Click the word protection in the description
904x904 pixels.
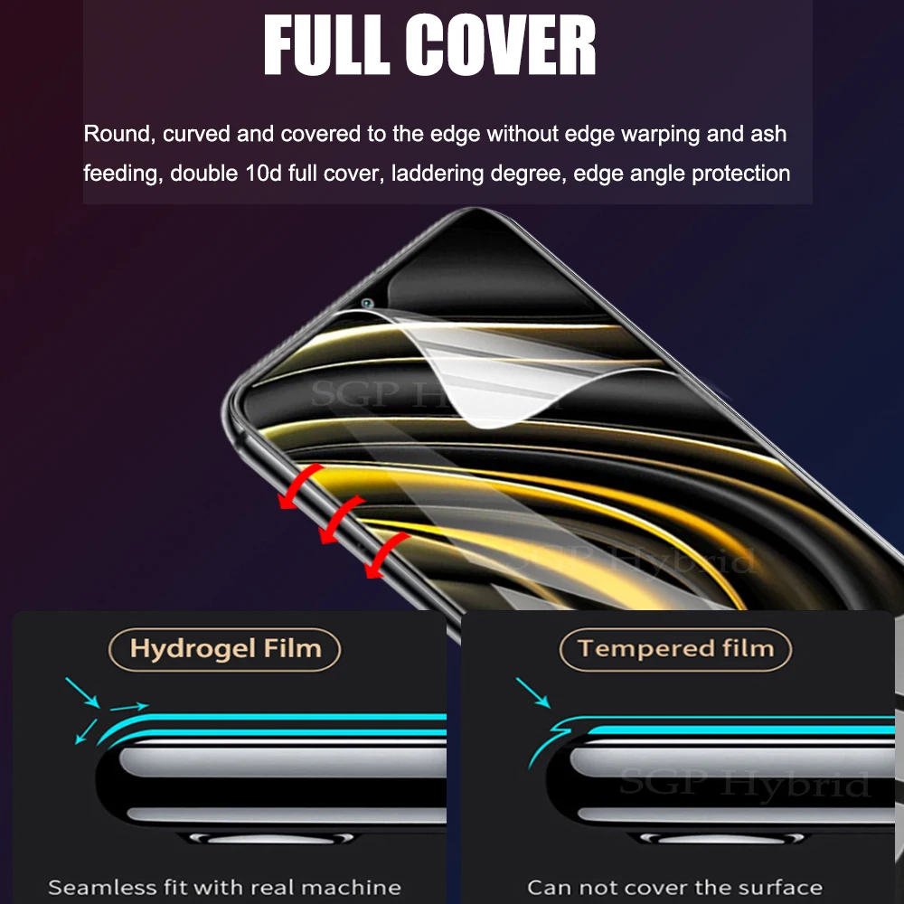pos(740,173)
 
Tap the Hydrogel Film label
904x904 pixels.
pos(225,648)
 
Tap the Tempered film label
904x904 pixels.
pos(675,648)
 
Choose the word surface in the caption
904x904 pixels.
pos(780,887)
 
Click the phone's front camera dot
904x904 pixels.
pos(367,304)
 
